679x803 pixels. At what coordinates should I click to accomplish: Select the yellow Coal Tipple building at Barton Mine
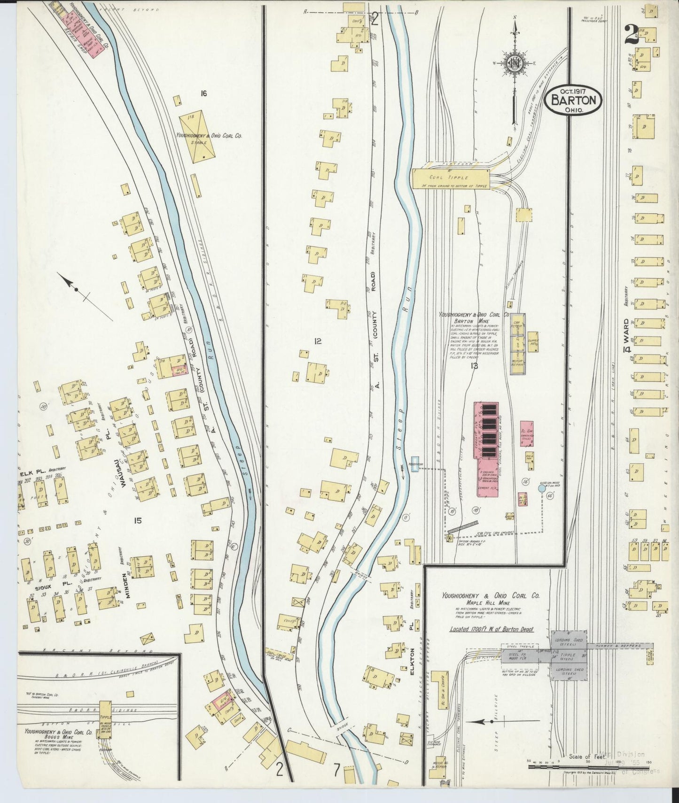coord(450,178)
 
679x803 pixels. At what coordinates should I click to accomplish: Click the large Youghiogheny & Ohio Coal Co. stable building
coord(198,137)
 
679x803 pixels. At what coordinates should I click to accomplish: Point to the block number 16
coord(203,94)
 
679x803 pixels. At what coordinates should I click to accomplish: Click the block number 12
coord(318,342)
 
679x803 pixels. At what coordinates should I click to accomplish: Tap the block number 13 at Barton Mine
coord(474,365)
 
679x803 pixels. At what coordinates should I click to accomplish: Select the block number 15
coord(137,520)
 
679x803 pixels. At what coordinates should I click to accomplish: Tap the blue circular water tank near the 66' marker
coord(541,489)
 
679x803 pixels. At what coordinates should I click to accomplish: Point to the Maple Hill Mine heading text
coord(490,602)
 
